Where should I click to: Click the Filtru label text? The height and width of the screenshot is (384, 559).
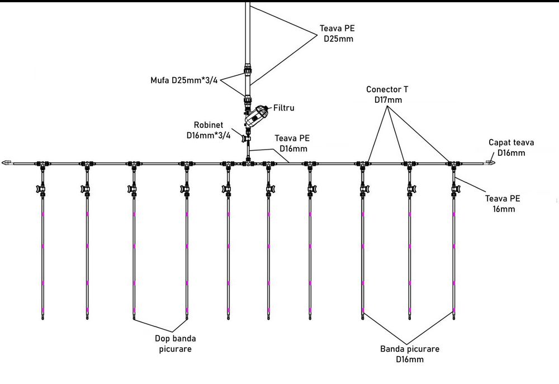pos(283,108)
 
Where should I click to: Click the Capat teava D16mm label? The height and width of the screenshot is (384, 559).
pos(511,148)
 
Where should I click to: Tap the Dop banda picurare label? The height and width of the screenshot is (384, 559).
pos(176,343)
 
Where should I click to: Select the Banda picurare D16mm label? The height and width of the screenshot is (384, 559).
pos(410,354)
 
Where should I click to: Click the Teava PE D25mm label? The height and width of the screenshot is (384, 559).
pos(337,33)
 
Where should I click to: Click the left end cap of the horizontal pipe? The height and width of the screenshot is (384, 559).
pos(7,164)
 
